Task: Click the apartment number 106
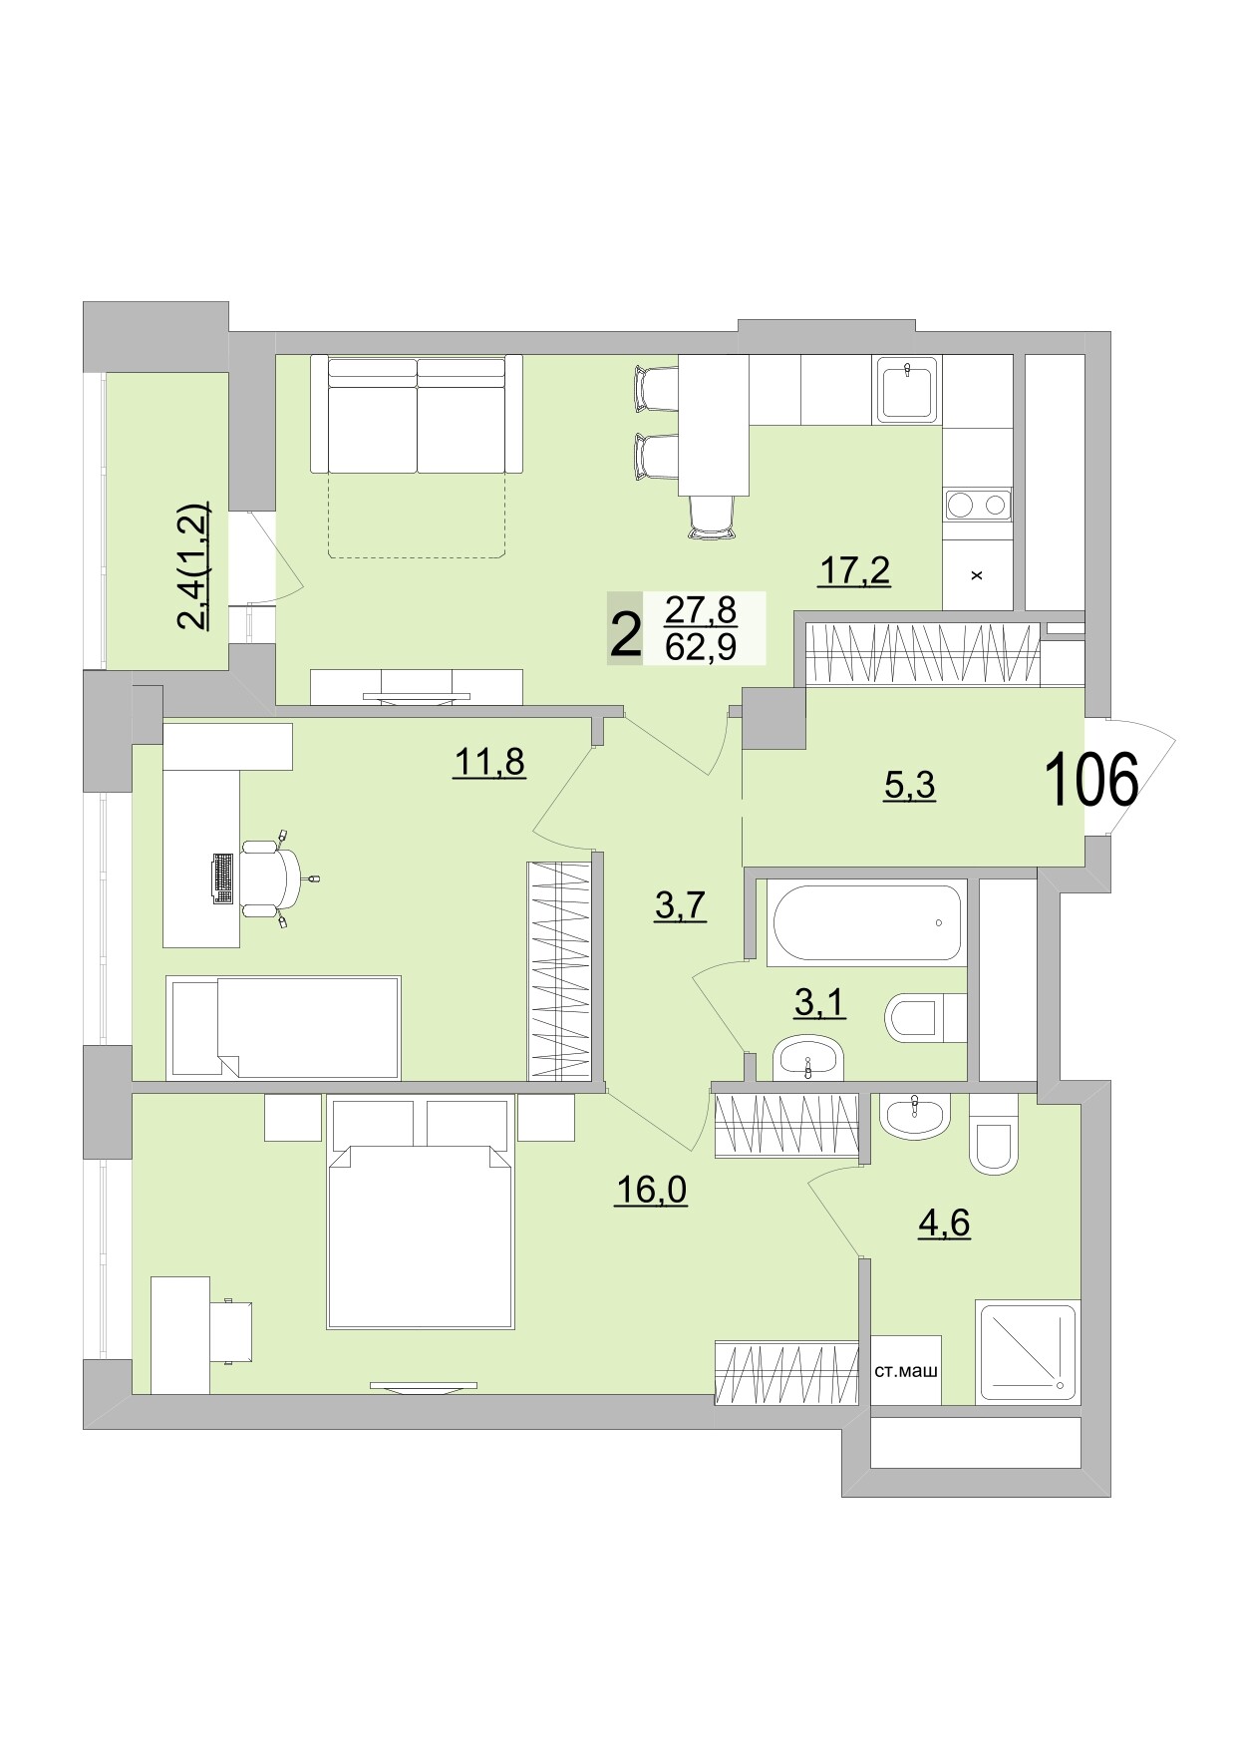(x=1090, y=781)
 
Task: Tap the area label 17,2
(x=854, y=571)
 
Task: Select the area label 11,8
(x=488, y=763)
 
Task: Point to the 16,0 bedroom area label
(x=651, y=1190)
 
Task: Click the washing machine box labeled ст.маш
(x=905, y=1371)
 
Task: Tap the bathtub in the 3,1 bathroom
(x=865, y=922)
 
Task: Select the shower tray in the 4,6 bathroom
(x=1028, y=1351)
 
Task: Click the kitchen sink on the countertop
(x=906, y=389)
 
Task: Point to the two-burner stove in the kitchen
(x=977, y=505)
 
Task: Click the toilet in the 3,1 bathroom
(x=924, y=1018)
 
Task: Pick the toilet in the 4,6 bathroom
(x=993, y=1137)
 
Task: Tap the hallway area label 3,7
(x=680, y=906)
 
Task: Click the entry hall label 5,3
(x=909, y=786)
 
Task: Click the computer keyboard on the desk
(x=223, y=878)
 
